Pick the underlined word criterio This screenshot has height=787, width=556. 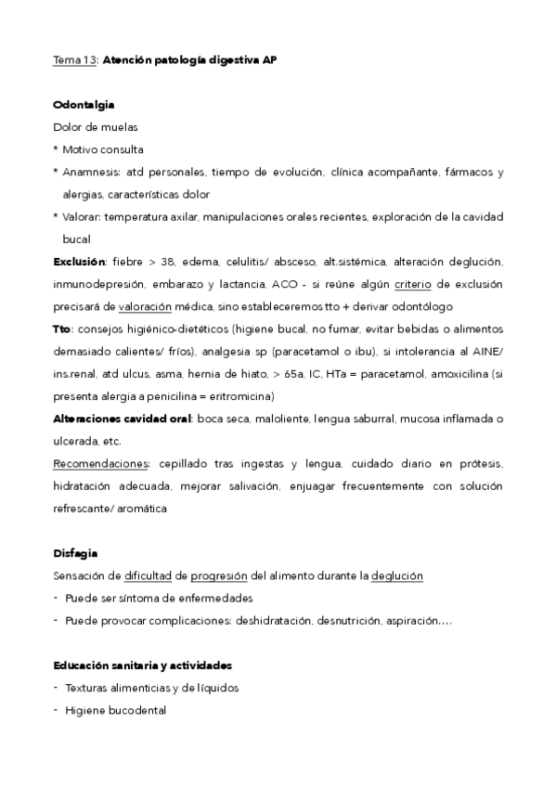[x=413, y=284]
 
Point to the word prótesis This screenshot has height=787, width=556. [x=480, y=463]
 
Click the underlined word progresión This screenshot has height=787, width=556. [x=220, y=575]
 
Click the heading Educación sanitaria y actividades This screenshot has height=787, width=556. [x=142, y=665]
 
